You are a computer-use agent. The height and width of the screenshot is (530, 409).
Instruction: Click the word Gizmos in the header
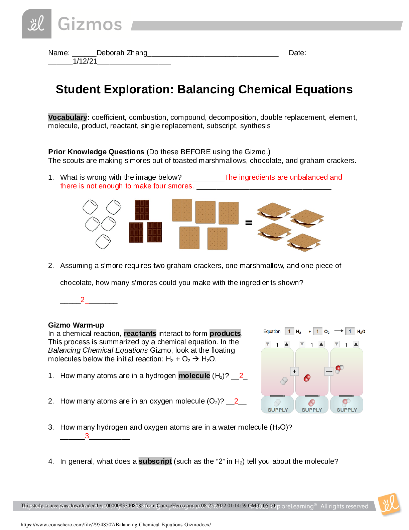pyautogui.click(x=90, y=24)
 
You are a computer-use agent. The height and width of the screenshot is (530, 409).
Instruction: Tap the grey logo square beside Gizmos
pyautogui.click(x=36, y=24)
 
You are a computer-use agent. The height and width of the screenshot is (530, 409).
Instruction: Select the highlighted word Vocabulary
pyautogui.click(x=67, y=117)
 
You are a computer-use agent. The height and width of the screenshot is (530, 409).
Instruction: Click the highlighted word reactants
pyautogui.click(x=140, y=333)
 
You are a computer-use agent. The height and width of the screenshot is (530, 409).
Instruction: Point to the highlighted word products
pyautogui.click(x=225, y=333)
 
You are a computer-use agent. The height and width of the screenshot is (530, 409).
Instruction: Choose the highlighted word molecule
pyautogui.click(x=194, y=375)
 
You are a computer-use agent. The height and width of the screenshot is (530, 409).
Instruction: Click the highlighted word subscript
pyautogui.click(x=155, y=461)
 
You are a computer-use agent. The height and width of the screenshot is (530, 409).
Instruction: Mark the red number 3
pyautogui.click(x=87, y=436)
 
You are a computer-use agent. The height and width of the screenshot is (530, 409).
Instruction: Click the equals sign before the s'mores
pyautogui.click(x=249, y=223)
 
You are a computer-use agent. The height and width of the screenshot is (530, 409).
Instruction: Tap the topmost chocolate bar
pyautogui.click(x=142, y=209)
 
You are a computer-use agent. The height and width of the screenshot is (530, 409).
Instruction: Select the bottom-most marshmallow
pyautogui.click(x=103, y=242)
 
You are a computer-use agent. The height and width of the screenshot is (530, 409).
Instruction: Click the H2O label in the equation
pyautogui.click(x=361, y=332)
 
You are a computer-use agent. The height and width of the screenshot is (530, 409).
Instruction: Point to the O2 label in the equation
pyautogui.click(x=327, y=332)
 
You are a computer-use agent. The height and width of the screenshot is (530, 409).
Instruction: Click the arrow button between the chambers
pyautogui.click(x=329, y=371)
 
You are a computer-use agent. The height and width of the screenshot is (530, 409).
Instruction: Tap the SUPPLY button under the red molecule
pyautogui.click(x=312, y=405)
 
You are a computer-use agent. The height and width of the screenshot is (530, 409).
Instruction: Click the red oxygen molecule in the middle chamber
pyautogui.click(x=307, y=378)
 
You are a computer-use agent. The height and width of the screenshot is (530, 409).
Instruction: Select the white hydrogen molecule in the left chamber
pyautogui.click(x=284, y=381)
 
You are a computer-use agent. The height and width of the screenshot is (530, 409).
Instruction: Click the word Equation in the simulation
pyautogui.click(x=272, y=331)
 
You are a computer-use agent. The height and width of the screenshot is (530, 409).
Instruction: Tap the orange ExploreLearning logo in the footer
pyautogui.click(x=389, y=504)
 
